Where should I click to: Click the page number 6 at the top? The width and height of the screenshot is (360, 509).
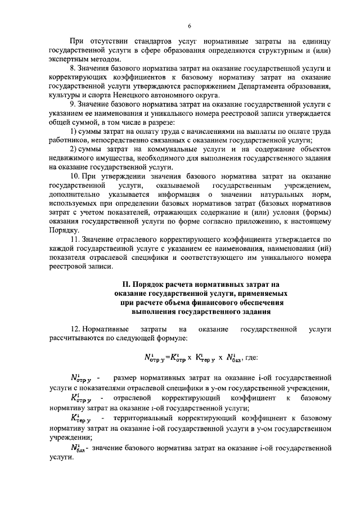click(x=190, y=25)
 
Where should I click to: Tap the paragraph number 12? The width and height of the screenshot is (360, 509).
click(x=75, y=328)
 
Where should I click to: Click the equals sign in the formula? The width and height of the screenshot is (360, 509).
click(x=167, y=357)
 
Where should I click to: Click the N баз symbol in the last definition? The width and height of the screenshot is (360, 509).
click(x=78, y=448)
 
